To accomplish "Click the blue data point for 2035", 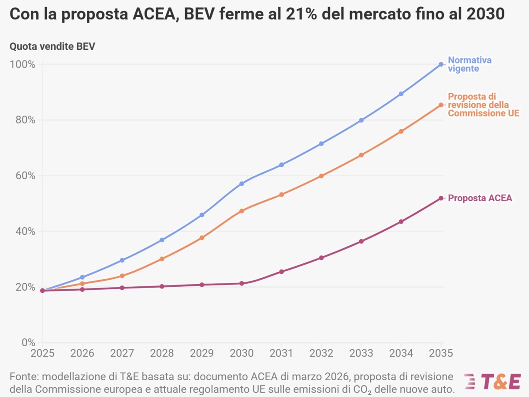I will coord(441,64).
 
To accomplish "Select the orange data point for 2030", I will coord(242,211).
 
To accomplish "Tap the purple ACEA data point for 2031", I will coord(281,272).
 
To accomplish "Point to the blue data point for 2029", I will coord(202,215).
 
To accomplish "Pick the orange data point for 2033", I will coord(361,155).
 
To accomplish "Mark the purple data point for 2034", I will coord(401,221).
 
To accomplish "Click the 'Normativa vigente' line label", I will coord(469,64).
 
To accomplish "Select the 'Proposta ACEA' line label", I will coord(480,198).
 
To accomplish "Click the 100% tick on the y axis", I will coord(22,64).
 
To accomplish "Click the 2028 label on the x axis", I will coord(162,353).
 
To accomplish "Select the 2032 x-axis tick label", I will coord(321,353).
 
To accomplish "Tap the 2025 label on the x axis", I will coord(42,353).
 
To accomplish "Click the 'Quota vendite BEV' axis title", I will coord(52,46).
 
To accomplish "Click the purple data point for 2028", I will coord(162,286).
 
